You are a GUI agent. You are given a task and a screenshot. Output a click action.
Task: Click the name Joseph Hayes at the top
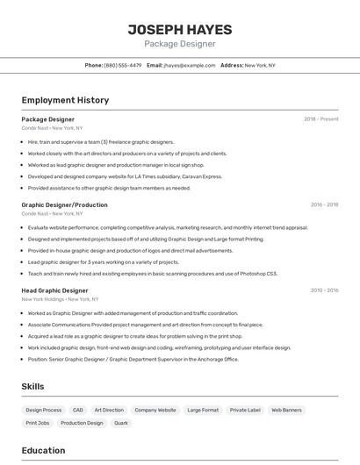click(x=179, y=28)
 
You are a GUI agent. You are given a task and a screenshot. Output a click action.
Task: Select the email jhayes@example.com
click(x=189, y=65)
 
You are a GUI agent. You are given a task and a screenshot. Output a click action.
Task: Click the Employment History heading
click(x=65, y=100)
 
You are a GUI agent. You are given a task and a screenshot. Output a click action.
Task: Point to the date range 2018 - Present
click(x=320, y=119)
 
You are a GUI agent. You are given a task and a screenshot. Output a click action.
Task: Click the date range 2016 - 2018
click(x=324, y=205)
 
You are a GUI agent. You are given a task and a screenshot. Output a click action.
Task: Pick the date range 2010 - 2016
click(x=324, y=290)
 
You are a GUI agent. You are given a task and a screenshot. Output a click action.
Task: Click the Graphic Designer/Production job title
click(x=64, y=205)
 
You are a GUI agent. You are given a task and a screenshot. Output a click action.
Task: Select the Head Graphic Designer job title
click(x=54, y=290)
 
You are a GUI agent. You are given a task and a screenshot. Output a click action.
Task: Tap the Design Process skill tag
click(x=44, y=410)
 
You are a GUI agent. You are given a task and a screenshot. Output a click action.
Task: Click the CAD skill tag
click(x=78, y=410)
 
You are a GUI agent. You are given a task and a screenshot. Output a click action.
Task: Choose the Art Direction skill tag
click(x=109, y=410)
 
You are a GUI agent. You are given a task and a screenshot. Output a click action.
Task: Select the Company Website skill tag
click(x=155, y=410)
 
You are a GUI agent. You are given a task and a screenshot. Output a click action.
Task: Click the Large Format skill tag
click(x=203, y=410)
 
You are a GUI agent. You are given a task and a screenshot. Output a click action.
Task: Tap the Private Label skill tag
click(x=245, y=410)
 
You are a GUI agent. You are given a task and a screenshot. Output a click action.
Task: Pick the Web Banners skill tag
click(x=286, y=410)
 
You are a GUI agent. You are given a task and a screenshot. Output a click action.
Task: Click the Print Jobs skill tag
click(x=38, y=423)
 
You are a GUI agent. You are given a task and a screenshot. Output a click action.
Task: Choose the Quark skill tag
click(x=121, y=423)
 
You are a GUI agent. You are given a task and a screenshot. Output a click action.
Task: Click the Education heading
click(x=43, y=451)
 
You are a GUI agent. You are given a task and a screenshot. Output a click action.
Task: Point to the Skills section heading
click(x=32, y=387)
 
